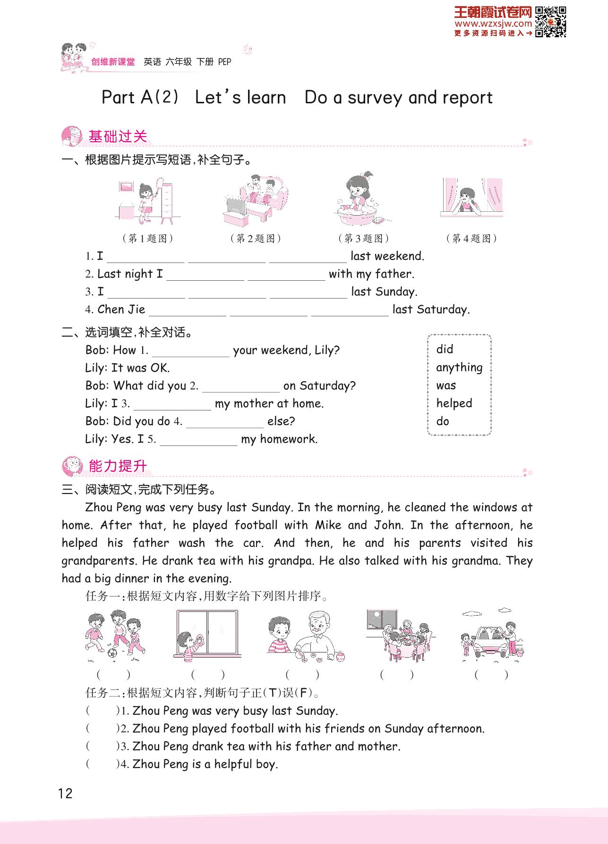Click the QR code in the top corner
[550, 22]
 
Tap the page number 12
[65, 793]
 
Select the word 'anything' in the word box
[459, 368]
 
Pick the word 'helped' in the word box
[454, 403]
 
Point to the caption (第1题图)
[147, 238]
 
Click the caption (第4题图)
[471, 238]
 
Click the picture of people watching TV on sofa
[255, 201]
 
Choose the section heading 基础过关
[118, 137]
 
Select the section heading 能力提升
[118, 466]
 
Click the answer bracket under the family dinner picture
[397, 675]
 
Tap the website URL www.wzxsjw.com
[493, 24]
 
